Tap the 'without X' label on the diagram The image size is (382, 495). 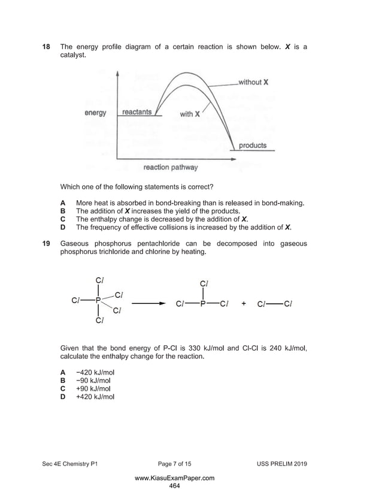(253, 82)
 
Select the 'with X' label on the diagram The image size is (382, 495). (190, 114)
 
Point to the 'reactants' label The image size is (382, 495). (137, 112)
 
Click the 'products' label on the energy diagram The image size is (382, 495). (252, 146)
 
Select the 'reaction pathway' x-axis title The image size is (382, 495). (170, 167)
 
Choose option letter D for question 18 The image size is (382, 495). (63, 228)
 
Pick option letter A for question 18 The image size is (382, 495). (63, 203)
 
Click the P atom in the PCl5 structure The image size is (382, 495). (98, 300)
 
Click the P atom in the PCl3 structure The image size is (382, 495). (203, 303)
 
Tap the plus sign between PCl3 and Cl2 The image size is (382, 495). (244, 303)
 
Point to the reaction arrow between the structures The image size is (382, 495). (147, 303)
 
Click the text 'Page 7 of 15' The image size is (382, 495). (174, 464)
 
